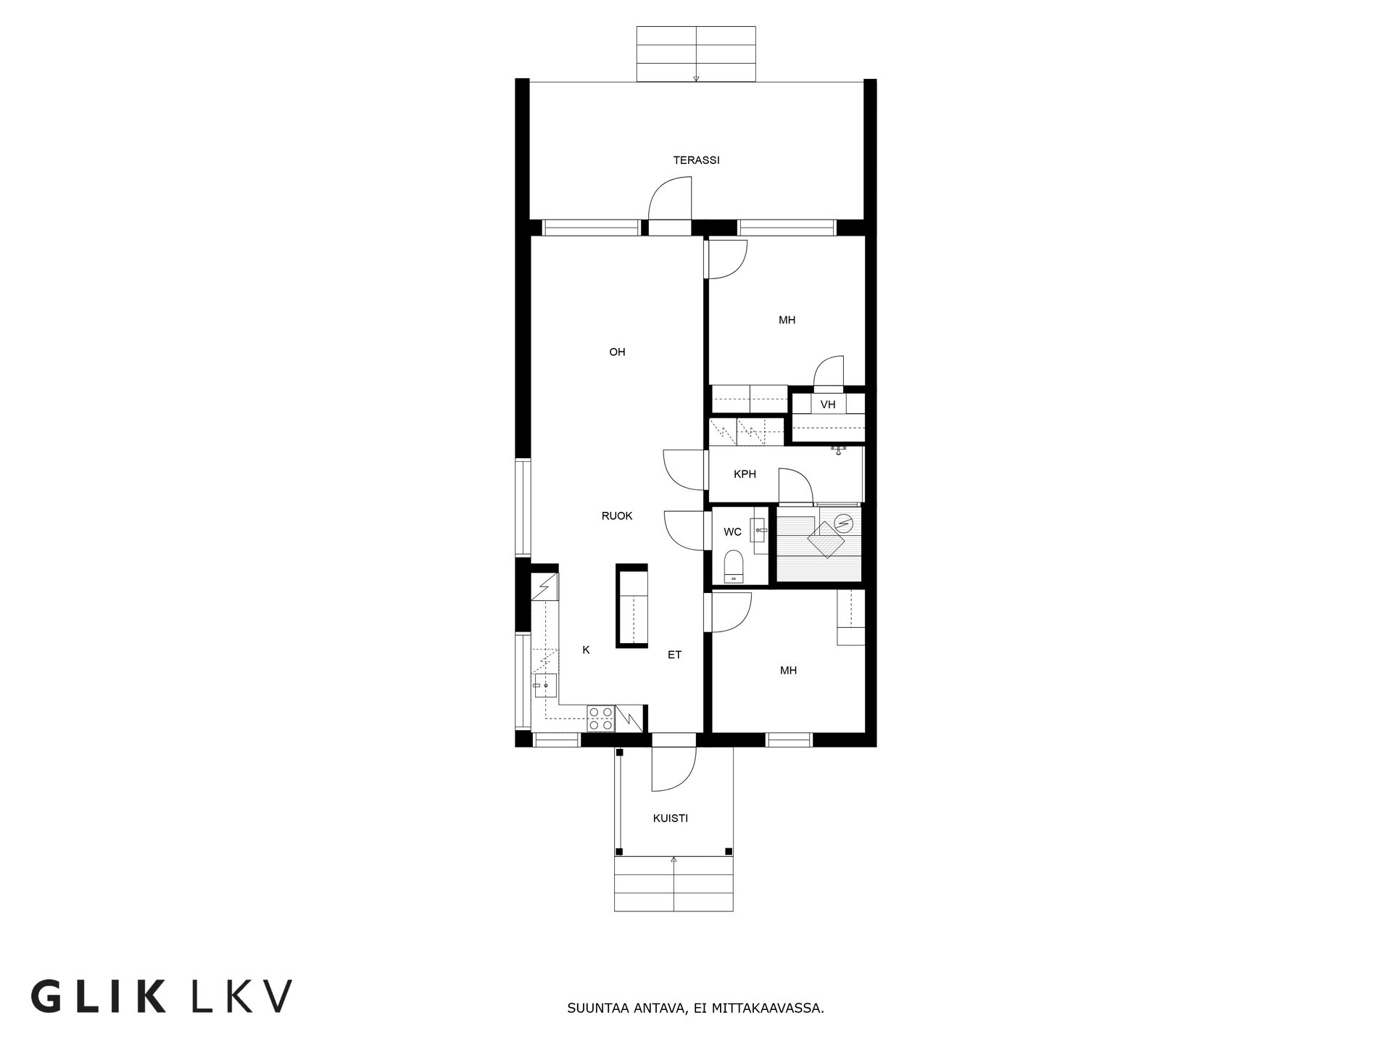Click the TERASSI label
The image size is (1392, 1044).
point(696,160)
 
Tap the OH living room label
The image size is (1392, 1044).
point(617,352)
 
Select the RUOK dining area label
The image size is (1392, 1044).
point(617,516)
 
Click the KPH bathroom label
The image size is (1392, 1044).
point(745,474)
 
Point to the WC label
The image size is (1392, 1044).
point(732,532)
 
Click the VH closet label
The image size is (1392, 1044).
point(828,405)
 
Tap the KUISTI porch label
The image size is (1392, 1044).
point(670,818)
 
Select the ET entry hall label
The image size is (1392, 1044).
point(674,655)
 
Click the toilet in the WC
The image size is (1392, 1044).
point(734,566)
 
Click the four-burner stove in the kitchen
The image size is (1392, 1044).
point(600,718)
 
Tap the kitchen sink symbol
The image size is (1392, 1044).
point(545,685)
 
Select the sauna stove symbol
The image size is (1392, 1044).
point(844,521)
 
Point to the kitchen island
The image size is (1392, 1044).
point(631,605)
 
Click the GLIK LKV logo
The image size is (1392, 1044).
point(161,997)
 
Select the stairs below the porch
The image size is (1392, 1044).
point(674,884)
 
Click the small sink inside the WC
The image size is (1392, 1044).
point(759,530)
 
